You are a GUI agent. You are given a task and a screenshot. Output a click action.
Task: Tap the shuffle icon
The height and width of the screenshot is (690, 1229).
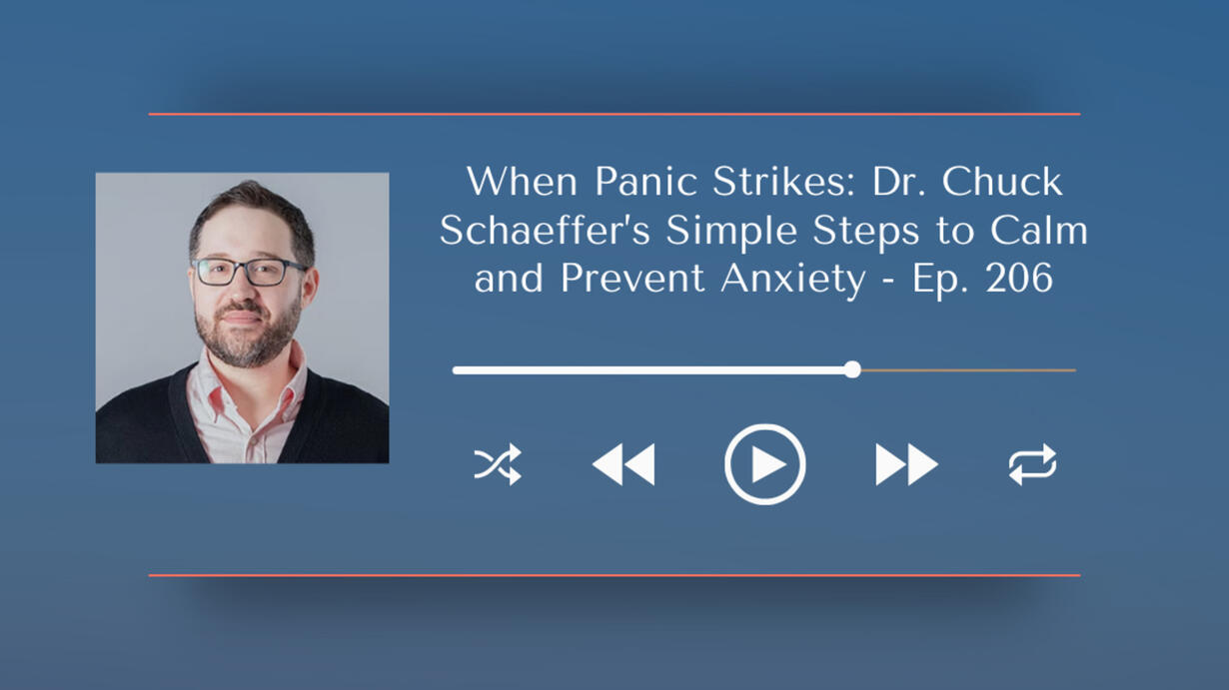(498, 464)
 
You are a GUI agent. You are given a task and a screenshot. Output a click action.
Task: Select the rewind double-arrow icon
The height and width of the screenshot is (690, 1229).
(623, 464)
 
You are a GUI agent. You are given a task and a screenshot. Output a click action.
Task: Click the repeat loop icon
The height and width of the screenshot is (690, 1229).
(1032, 464)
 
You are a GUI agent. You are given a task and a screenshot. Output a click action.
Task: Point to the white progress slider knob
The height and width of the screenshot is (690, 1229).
(852, 369)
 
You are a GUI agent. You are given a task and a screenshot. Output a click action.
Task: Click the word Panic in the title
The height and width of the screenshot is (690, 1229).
(645, 182)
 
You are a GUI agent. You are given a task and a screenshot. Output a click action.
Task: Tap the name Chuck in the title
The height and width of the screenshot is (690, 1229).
(1002, 182)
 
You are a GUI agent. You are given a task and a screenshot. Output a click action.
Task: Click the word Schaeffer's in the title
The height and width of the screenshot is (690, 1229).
(545, 231)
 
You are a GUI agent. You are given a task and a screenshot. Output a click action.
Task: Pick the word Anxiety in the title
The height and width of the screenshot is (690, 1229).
(792, 280)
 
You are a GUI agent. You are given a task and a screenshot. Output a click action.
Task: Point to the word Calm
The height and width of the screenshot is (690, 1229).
(1039, 231)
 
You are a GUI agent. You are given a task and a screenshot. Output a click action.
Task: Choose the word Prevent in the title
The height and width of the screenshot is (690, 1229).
(632, 279)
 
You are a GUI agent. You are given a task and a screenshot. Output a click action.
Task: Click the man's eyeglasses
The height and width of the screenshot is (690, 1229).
(250, 272)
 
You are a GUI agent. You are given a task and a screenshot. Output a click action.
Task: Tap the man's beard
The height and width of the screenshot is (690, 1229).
(248, 335)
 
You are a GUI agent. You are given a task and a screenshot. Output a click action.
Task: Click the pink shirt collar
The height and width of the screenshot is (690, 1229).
(247, 383)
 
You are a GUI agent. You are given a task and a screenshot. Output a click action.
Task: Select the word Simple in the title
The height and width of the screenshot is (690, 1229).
(731, 232)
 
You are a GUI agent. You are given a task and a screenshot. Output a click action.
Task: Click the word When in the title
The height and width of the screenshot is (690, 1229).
(523, 182)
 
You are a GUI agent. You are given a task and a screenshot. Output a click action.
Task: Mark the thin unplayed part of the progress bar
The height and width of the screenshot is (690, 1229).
(969, 370)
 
